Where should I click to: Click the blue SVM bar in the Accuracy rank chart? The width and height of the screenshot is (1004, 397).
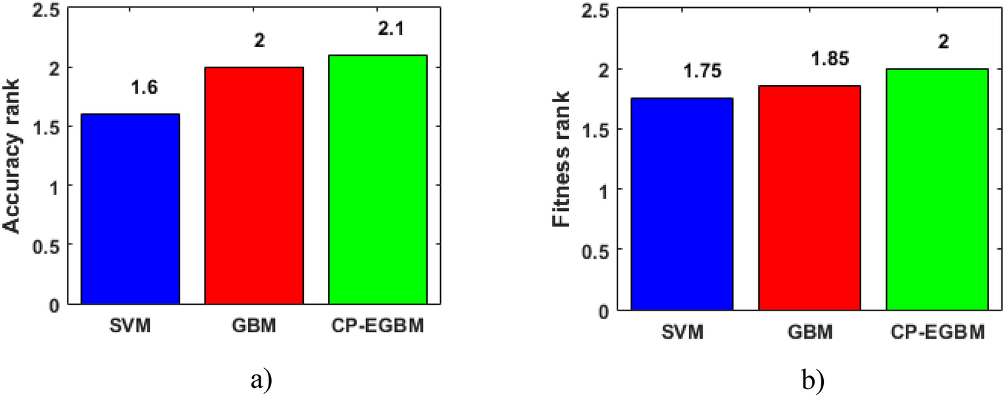(x=130, y=209)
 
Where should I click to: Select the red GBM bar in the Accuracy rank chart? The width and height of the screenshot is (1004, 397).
(x=253, y=185)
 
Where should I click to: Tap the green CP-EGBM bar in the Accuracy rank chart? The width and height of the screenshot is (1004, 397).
(x=377, y=180)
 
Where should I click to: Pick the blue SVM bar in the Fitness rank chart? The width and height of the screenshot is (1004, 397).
(x=682, y=204)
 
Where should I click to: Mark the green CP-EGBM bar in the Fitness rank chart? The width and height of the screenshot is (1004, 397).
(x=937, y=189)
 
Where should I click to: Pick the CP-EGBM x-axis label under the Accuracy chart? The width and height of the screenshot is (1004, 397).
(x=377, y=326)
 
